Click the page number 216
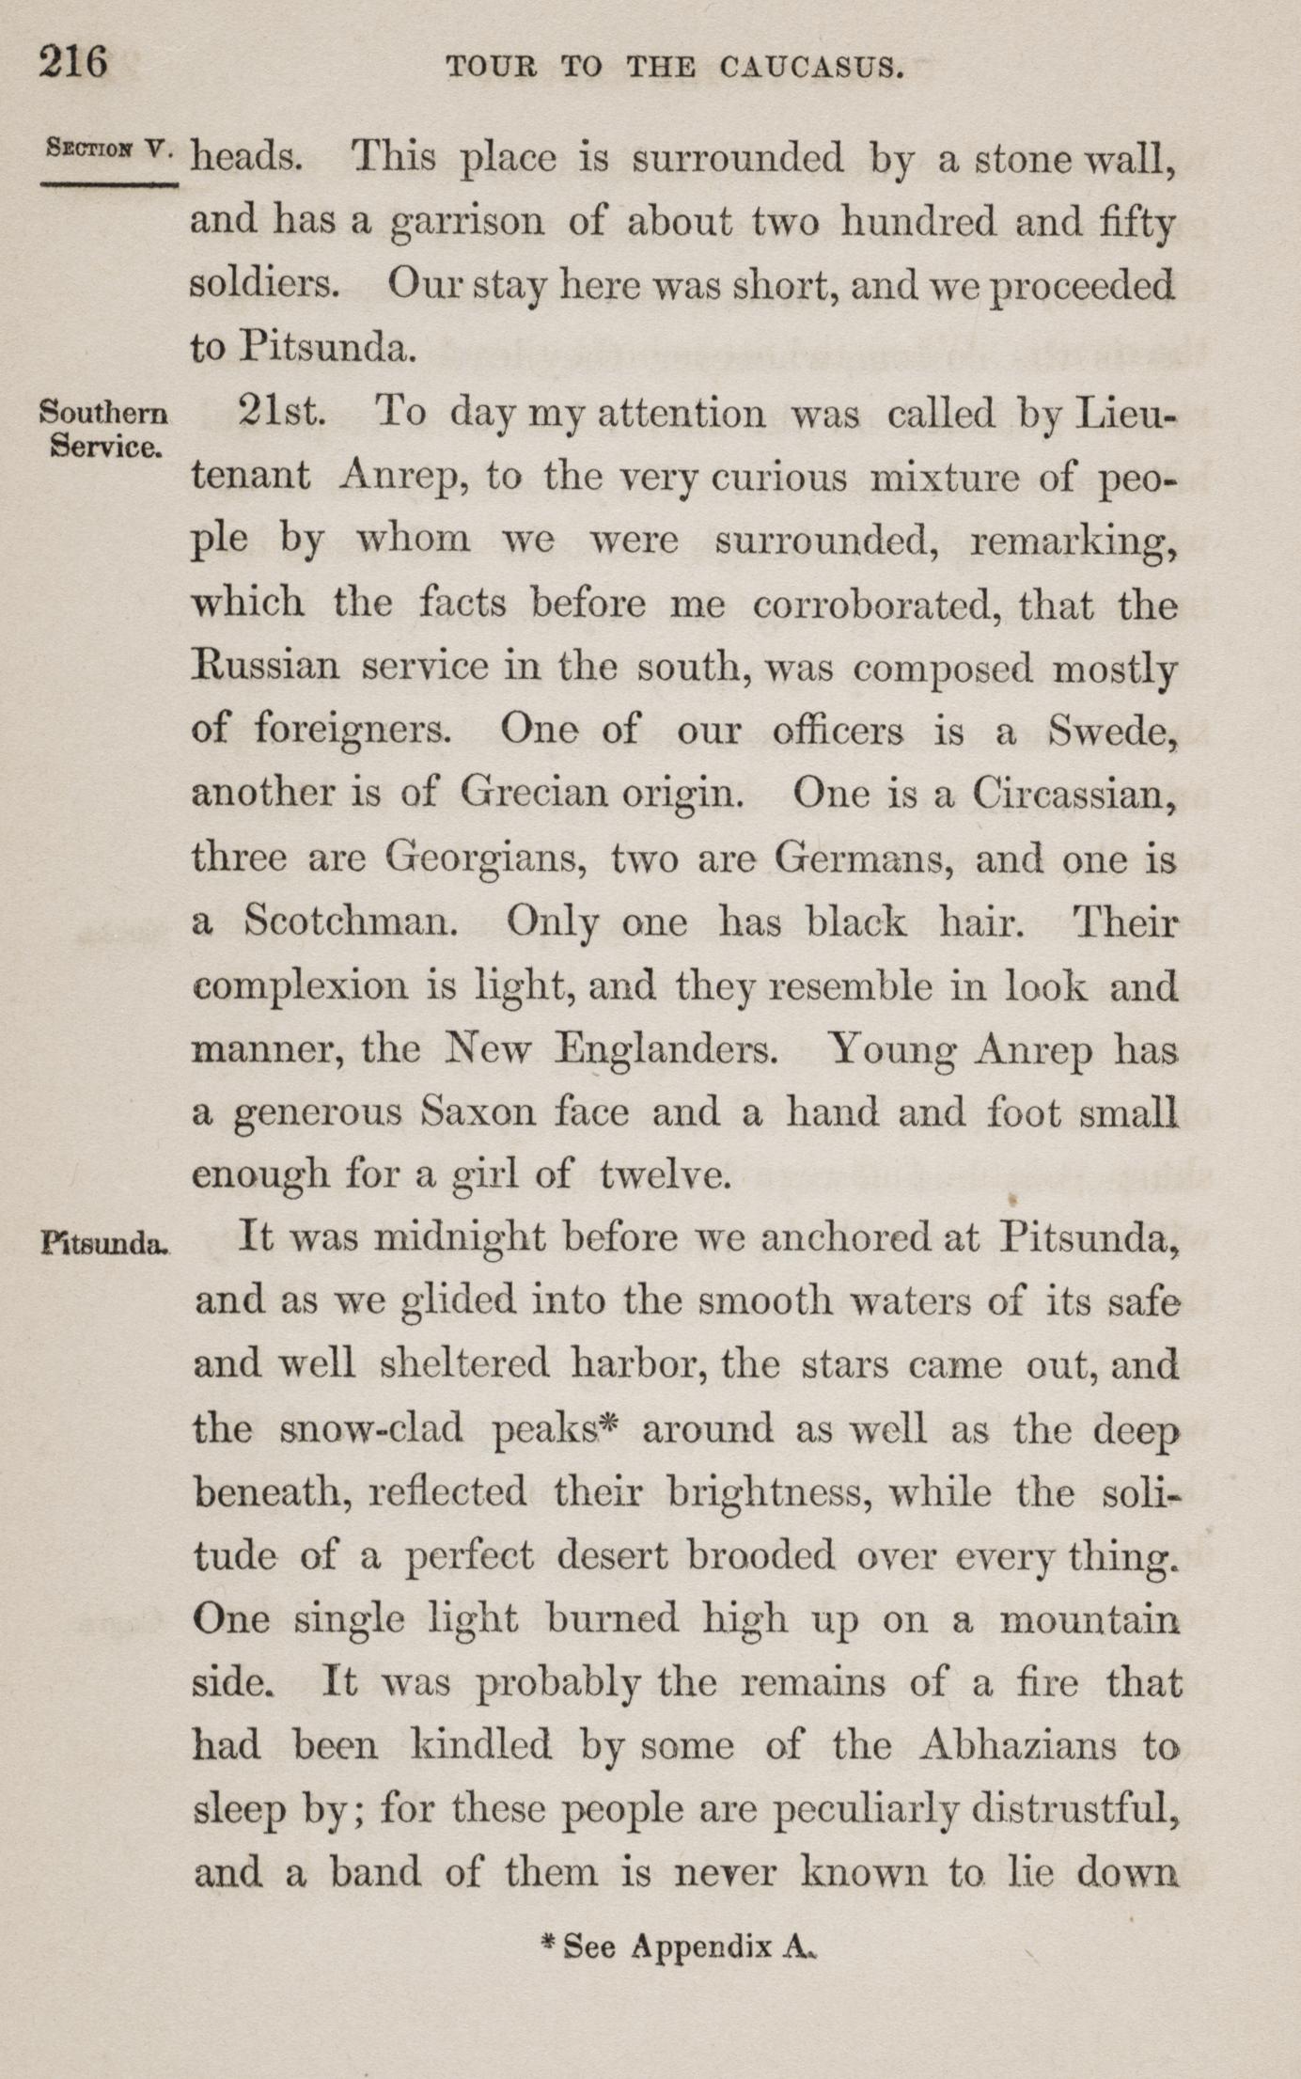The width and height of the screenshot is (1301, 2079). tap(73, 64)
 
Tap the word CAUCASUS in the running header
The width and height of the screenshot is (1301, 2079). tap(811, 68)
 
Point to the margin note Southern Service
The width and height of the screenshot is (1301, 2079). tap(104, 428)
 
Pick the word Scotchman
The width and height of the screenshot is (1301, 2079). tap(352, 921)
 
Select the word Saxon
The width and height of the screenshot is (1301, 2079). tap(478, 1112)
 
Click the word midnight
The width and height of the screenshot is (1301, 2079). tap(460, 1237)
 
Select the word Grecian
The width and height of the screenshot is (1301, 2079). tap(534, 795)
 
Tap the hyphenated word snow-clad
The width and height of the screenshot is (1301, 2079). tap(371, 1429)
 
